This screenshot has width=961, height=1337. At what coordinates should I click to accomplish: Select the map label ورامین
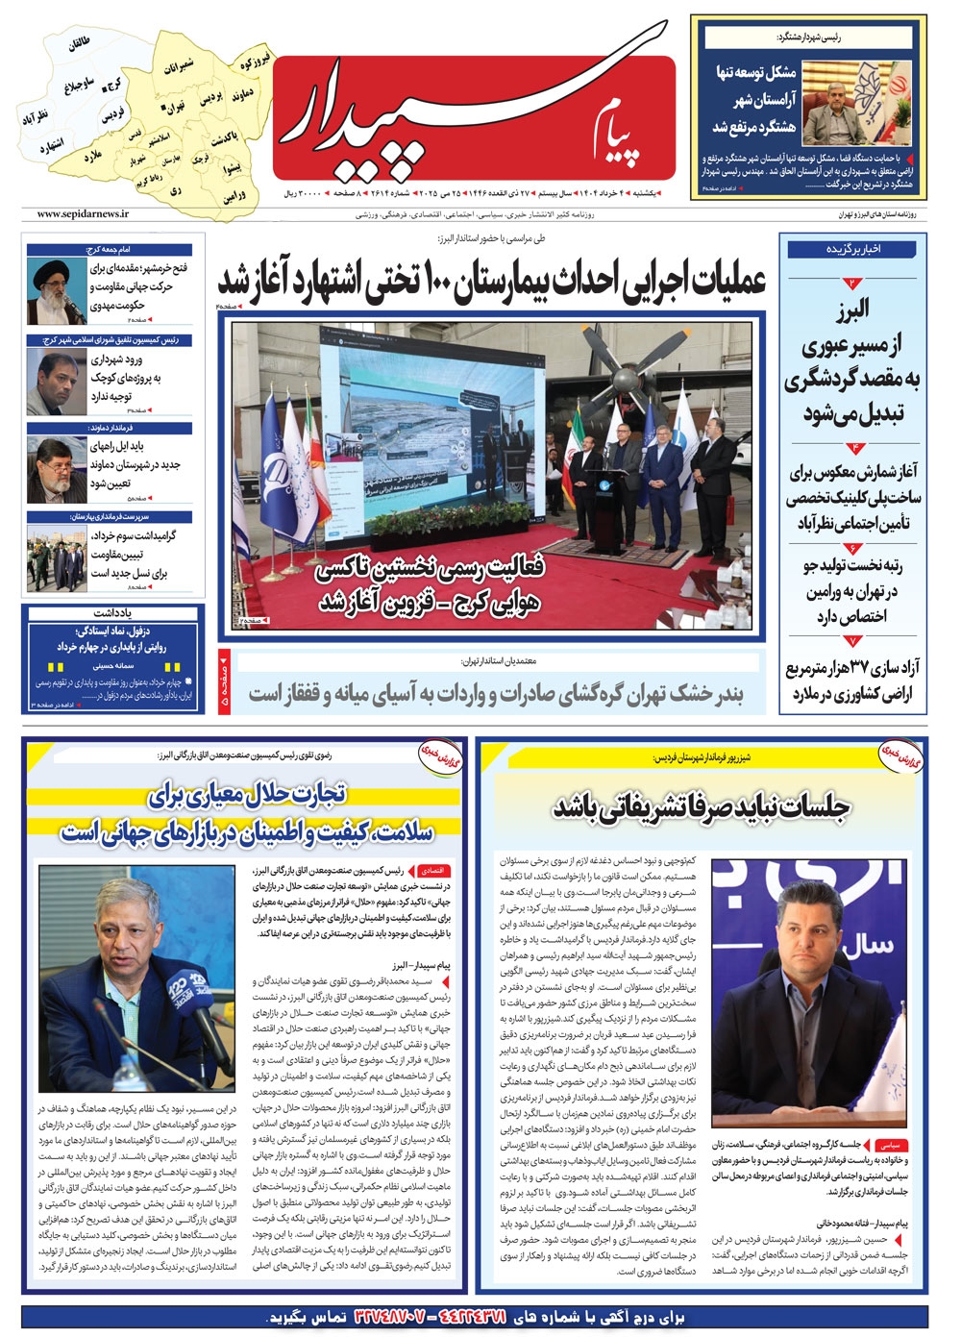234,196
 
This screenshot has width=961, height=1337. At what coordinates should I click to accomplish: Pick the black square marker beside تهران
164,106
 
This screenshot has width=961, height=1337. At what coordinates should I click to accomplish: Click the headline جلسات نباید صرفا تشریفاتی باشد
702,807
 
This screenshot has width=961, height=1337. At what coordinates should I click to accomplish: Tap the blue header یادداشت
113,612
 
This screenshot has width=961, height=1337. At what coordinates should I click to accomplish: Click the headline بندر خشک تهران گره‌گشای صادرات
495,693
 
